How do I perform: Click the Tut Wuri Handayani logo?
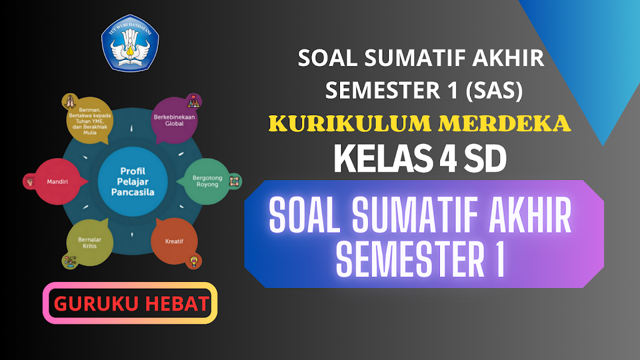tap(130, 42)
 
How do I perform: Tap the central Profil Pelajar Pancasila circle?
tap(132, 181)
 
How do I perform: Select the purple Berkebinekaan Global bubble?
tap(174, 119)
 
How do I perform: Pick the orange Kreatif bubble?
tap(174, 241)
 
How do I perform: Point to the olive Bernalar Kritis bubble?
tap(91, 242)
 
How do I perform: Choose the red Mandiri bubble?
tap(57, 182)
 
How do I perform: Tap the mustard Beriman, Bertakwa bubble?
tap(91, 120)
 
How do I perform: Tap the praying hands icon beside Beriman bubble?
tap(69, 101)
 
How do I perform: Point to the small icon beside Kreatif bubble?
tap(195, 259)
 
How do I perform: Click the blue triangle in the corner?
tap(587, 56)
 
